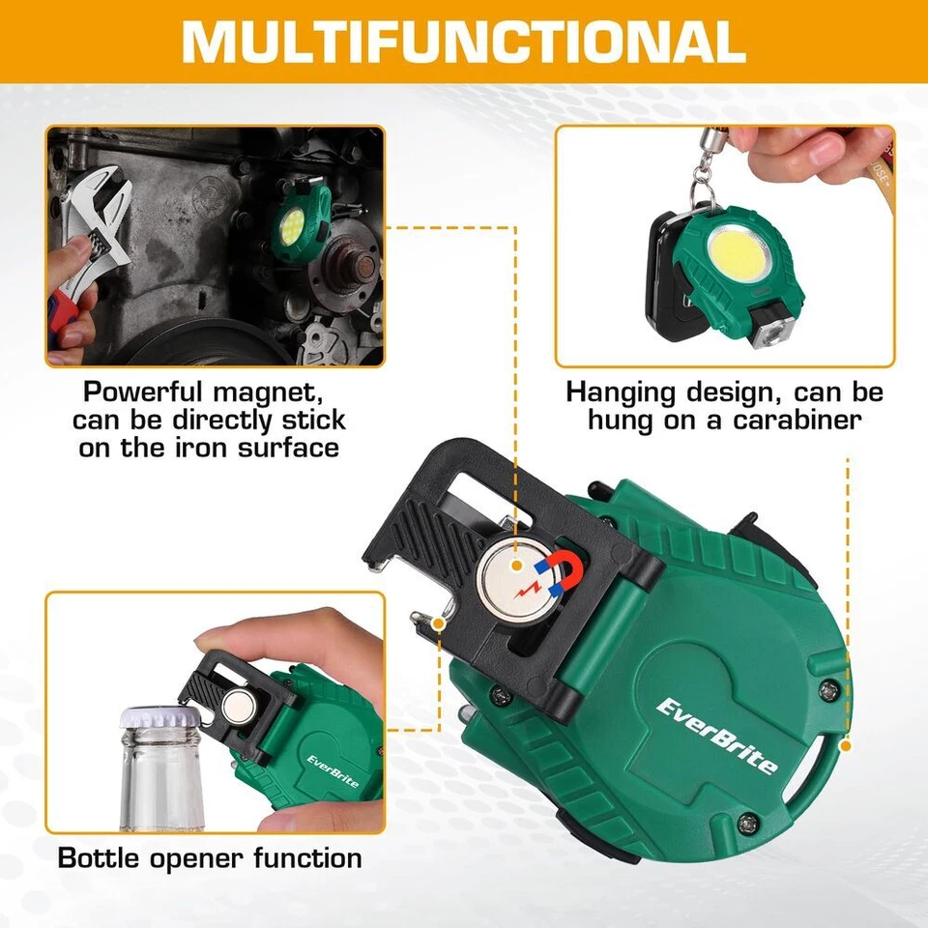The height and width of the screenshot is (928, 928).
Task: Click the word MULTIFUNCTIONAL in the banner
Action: pyautogui.click(x=463, y=42)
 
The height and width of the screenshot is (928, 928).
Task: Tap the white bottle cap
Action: pyautogui.click(x=159, y=718)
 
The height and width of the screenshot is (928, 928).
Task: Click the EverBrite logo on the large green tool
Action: pyautogui.click(x=716, y=736)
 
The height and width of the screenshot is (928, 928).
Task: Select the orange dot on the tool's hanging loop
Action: pyautogui.click(x=846, y=745)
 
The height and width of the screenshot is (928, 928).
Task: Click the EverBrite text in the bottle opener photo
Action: pyautogui.click(x=334, y=768)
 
